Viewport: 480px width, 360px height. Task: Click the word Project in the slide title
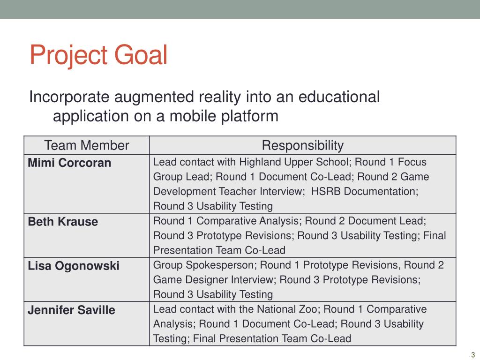point(67,55)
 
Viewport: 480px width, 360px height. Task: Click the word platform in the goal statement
point(249,115)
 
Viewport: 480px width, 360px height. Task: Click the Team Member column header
point(86,145)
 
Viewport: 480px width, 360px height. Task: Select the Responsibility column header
point(302,145)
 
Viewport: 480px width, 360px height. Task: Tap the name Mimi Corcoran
point(69,163)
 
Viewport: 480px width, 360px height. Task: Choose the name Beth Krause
point(63,222)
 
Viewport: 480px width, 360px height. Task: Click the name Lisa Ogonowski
point(74,266)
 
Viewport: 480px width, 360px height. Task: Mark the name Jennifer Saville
point(71,310)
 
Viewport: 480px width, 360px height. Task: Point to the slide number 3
point(473,354)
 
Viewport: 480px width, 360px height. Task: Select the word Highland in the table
point(258,162)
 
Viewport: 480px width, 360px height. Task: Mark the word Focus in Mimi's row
point(412,162)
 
